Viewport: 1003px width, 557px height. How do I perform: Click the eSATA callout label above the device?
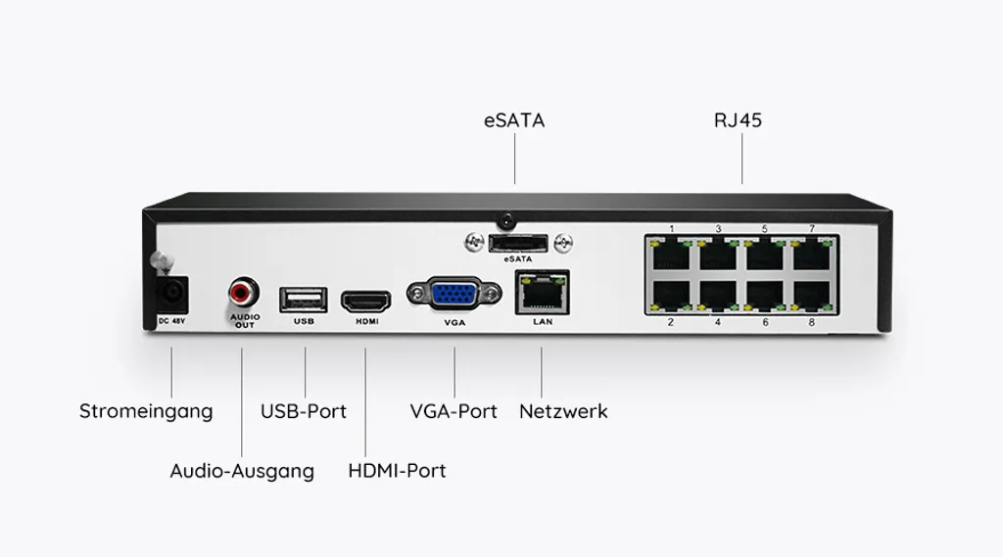[x=514, y=121]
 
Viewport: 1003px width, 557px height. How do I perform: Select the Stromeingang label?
[x=146, y=411]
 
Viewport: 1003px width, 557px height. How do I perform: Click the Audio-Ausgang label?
[x=242, y=471]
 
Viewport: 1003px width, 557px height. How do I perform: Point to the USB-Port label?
[x=304, y=411]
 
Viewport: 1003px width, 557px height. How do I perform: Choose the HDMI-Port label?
[x=397, y=471]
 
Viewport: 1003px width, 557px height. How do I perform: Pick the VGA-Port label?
[x=454, y=411]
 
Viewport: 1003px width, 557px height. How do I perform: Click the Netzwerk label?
[x=563, y=411]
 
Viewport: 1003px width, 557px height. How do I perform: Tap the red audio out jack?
[x=243, y=292]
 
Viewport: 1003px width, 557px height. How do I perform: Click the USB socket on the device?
[x=302, y=297]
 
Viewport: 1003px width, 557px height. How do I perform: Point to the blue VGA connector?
[x=454, y=296]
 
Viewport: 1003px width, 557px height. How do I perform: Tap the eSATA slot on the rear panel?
[x=516, y=242]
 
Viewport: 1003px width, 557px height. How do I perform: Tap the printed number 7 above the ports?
[x=811, y=229]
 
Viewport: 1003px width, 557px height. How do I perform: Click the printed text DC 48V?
[x=171, y=321]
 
